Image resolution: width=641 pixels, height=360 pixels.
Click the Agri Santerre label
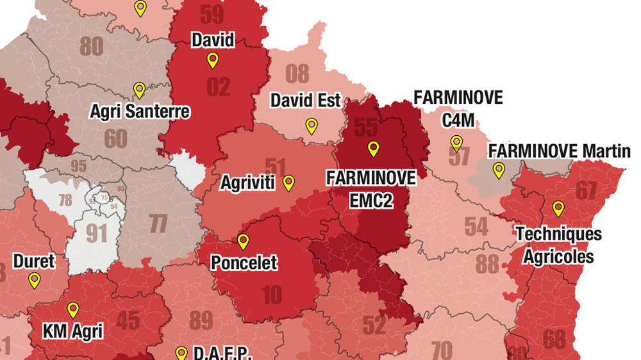click(140, 111)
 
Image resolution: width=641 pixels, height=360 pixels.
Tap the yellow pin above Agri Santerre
click(139, 90)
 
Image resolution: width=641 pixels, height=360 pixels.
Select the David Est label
click(306, 101)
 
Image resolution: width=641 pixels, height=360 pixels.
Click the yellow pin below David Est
click(312, 126)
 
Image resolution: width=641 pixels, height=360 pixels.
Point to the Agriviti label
click(247, 183)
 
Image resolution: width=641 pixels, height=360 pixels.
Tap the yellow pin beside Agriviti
click(288, 183)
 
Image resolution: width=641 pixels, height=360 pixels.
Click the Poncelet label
click(244, 263)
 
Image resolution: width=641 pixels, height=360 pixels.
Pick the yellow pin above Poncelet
click(243, 241)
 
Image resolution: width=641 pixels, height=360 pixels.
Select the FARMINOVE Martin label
click(559, 151)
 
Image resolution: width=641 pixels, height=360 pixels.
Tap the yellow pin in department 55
click(373, 149)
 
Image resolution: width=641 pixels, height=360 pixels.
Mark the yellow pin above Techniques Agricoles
click(558, 208)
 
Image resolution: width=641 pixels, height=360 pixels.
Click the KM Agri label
click(72, 331)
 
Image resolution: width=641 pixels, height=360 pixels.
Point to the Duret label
click(34, 261)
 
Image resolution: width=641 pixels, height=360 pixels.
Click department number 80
click(92, 46)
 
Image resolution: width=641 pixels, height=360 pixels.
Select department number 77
click(158, 224)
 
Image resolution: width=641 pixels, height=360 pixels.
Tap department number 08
click(297, 74)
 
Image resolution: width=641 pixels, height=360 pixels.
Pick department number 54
click(476, 227)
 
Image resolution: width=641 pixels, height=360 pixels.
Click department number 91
click(96, 233)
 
